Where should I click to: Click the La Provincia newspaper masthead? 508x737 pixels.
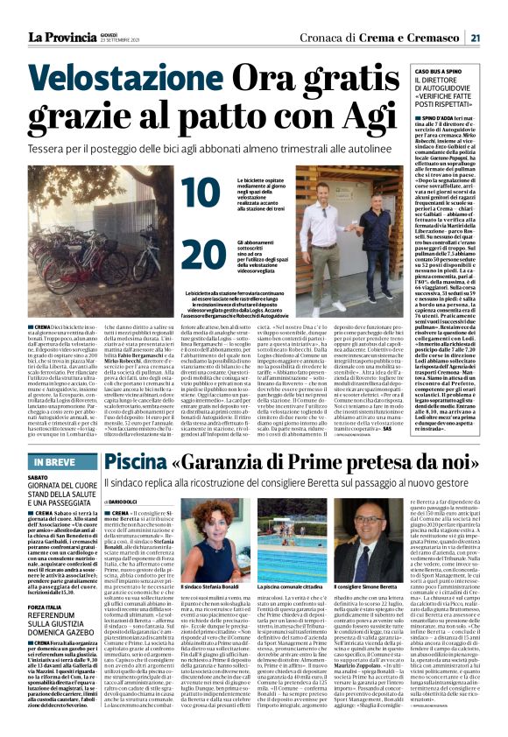point(60,37)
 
